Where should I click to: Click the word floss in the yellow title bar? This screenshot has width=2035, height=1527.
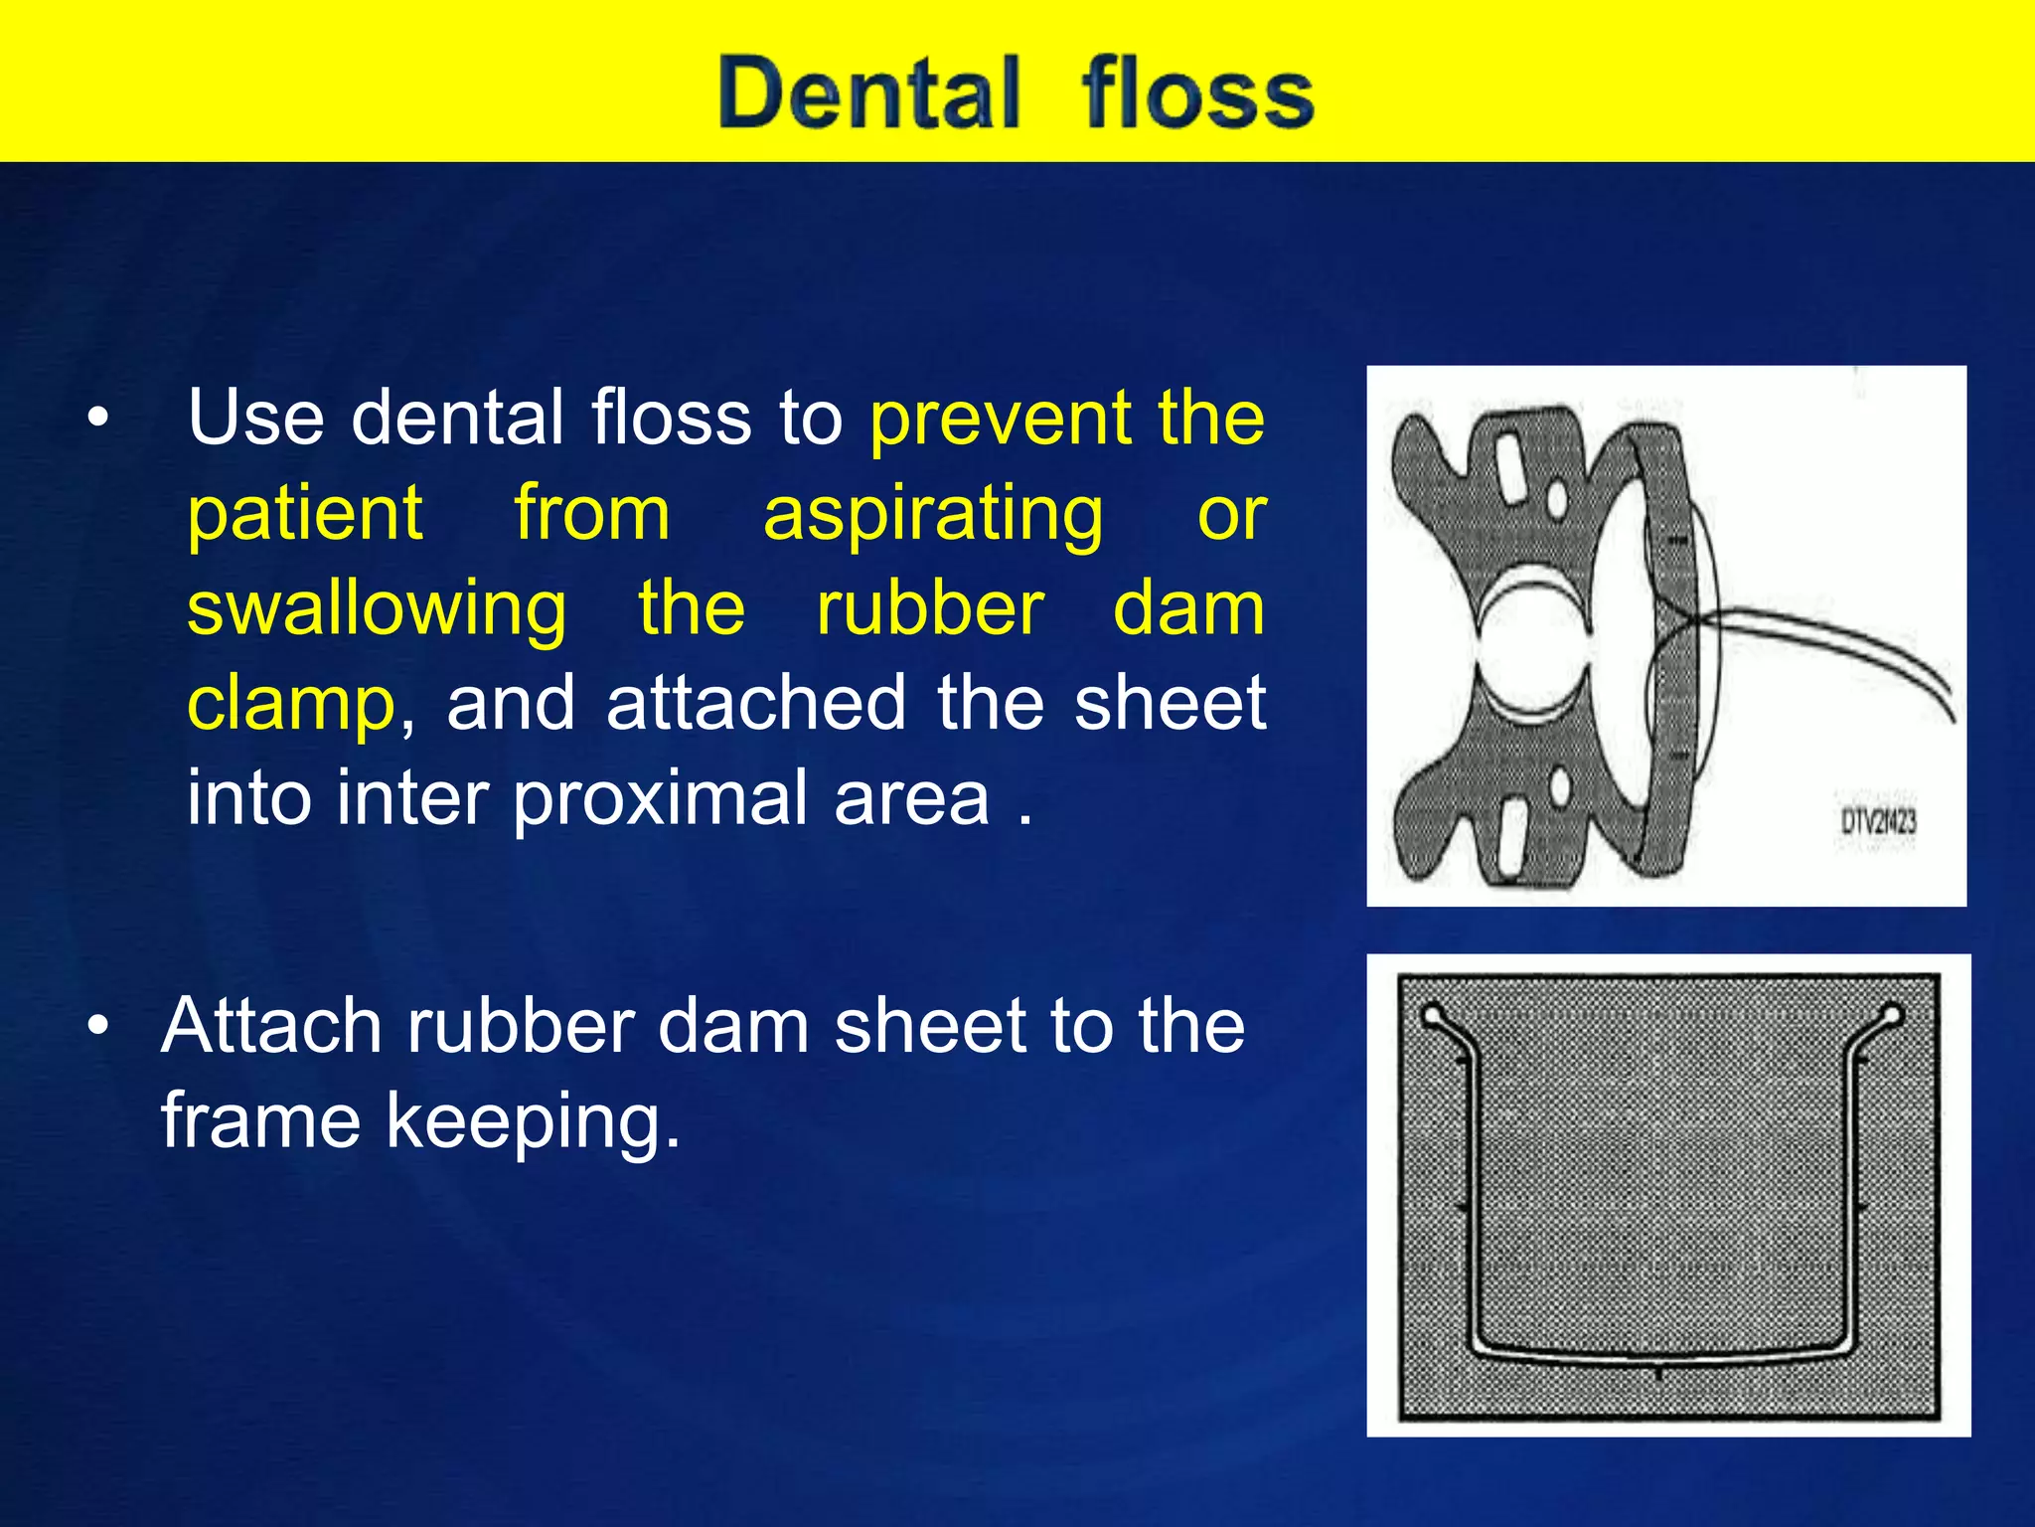[x=1197, y=94]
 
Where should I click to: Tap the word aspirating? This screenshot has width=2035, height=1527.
[x=932, y=514]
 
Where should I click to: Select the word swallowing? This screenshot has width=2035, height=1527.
[x=377, y=609]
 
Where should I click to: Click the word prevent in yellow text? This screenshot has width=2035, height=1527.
[x=1000, y=419]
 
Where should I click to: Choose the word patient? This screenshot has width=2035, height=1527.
[x=305, y=514]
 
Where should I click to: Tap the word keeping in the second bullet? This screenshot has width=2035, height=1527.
[x=533, y=1121]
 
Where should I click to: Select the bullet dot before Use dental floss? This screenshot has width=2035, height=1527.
[x=97, y=420]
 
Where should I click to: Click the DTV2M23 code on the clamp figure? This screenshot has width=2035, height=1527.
[x=1877, y=822]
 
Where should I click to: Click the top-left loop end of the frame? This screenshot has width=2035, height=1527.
[x=1433, y=1016]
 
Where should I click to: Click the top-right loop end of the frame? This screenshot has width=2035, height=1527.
[x=1891, y=1016]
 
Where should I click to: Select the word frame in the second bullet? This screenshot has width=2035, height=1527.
[x=260, y=1121]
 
